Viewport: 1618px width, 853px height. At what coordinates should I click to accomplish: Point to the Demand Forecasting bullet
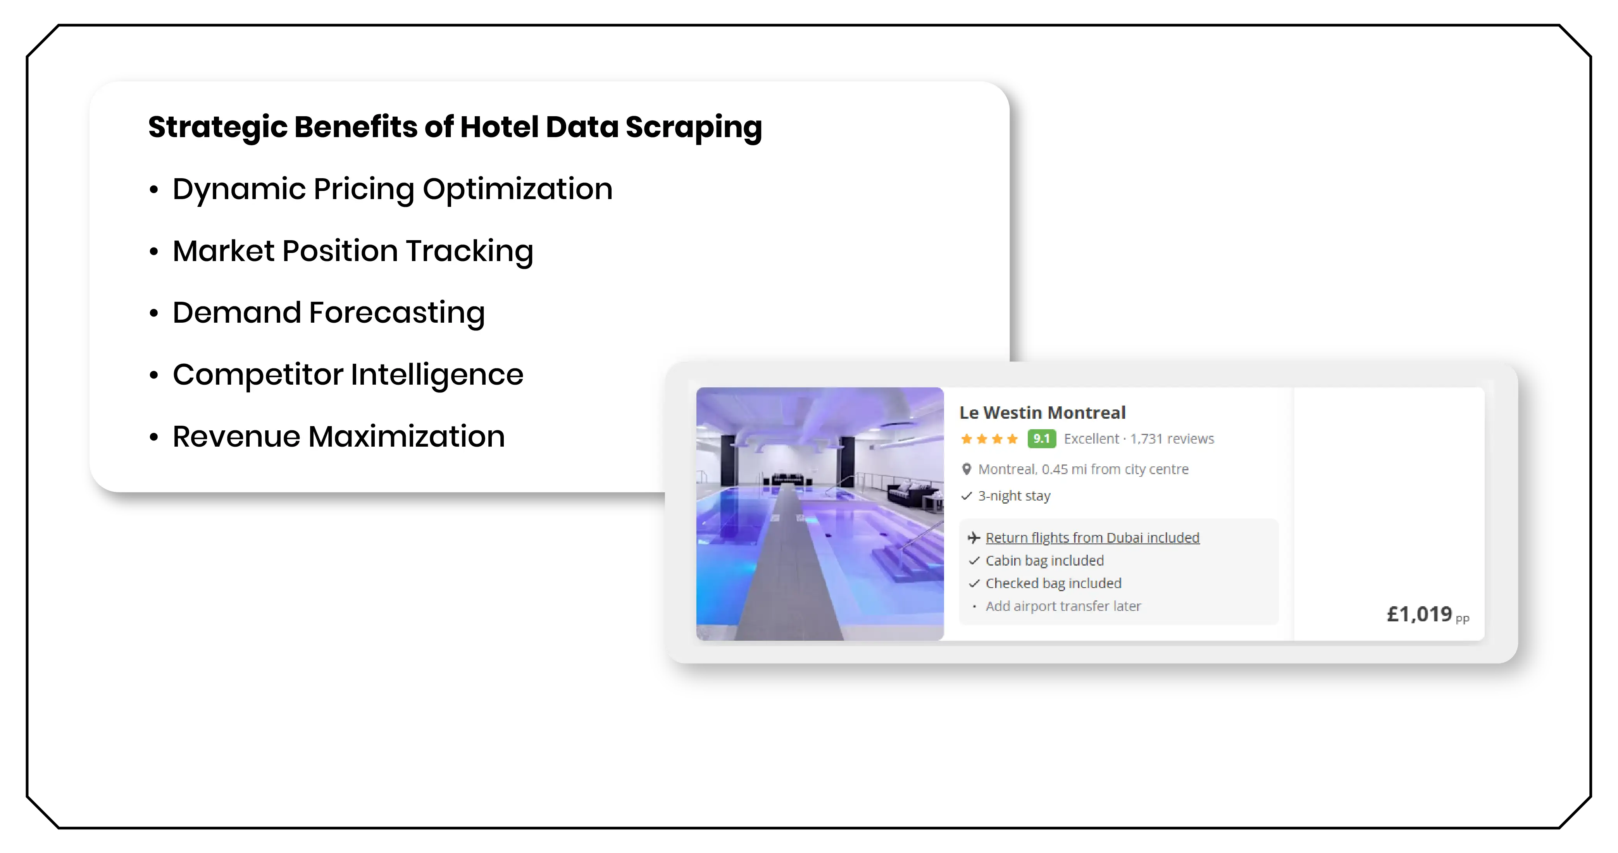point(329,313)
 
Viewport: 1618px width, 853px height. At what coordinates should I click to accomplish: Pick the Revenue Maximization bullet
point(339,436)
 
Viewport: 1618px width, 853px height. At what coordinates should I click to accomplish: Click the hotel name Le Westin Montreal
point(1042,413)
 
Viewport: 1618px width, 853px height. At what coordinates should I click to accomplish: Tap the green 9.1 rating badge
point(1041,439)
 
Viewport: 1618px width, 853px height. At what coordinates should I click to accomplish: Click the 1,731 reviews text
point(1172,439)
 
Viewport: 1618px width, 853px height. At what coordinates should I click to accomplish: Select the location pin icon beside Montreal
point(967,469)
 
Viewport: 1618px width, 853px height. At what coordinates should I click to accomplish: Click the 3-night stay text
point(1014,496)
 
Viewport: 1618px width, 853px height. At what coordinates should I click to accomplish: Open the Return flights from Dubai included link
point(1092,538)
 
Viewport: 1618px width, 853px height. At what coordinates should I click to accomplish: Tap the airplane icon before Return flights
point(974,538)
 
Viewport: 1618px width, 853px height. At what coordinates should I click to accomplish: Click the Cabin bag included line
point(1044,561)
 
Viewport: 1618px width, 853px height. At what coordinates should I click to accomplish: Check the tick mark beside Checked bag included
point(974,584)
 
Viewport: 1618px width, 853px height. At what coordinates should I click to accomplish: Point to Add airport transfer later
point(1063,606)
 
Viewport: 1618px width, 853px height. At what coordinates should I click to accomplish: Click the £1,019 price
point(1420,614)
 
